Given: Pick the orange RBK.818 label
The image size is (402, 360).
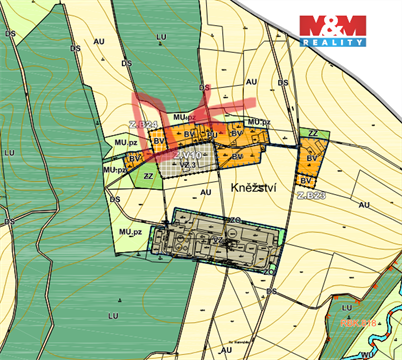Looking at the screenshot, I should point(357,323).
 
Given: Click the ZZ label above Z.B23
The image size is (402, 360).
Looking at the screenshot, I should point(313,133).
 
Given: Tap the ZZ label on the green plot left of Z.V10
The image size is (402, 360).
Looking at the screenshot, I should point(148,175).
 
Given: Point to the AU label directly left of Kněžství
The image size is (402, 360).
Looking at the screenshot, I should point(205,190).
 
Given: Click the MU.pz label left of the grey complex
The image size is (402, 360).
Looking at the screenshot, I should point(127,232).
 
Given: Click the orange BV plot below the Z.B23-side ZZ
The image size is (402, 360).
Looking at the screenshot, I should point(312,158).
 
